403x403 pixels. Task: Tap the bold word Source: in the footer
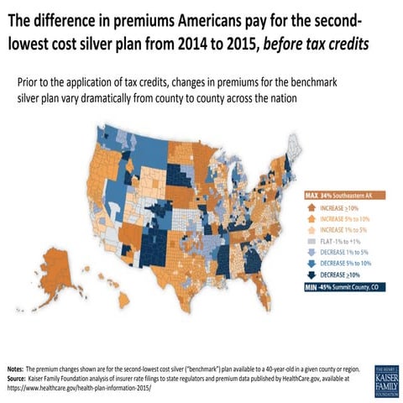(x=17, y=378)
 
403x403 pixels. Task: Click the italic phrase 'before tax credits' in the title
(x=315, y=42)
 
